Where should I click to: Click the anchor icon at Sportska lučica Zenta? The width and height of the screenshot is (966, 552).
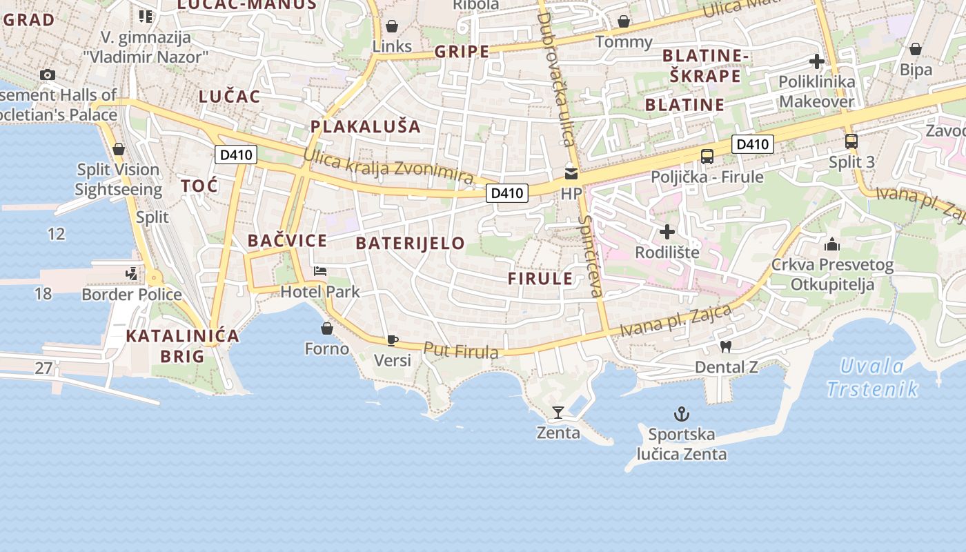[x=682, y=414]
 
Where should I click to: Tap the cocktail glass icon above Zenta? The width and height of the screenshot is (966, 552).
[x=558, y=413]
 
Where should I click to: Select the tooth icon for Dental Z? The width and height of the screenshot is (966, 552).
[x=724, y=346]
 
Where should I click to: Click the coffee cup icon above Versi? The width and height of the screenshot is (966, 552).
[x=392, y=339]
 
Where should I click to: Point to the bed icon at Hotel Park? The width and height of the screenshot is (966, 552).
[x=319, y=270]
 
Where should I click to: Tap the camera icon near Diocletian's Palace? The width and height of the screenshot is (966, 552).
[x=48, y=75]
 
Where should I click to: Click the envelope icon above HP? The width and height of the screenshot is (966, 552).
[x=571, y=173]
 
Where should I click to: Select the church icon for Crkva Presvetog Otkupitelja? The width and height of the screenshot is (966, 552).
[x=832, y=244]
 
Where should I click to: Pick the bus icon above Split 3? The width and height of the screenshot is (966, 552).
[x=851, y=141]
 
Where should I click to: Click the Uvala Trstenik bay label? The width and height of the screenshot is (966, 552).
[x=872, y=377]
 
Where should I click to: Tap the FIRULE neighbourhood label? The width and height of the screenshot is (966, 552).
[x=540, y=279]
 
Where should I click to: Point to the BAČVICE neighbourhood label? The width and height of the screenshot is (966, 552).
[x=287, y=241]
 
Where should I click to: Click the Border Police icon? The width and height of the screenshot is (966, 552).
[x=132, y=274]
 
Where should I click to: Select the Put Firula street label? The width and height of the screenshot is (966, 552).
[x=460, y=351]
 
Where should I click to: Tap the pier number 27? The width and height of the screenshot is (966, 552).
[x=43, y=368]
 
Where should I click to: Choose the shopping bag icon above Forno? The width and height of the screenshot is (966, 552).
[x=327, y=328]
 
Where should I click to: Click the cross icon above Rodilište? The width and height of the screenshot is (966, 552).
[x=667, y=232]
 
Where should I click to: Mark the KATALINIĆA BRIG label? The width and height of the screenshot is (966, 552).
[x=182, y=346]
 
